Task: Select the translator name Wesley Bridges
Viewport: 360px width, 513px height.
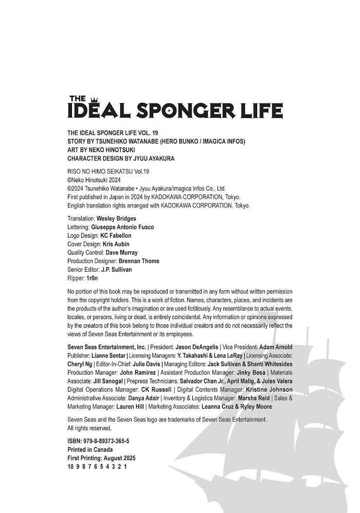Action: pyautogui.click(x=116, y=219)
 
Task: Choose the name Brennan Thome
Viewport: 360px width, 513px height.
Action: pyautogui.click(x=139, y=261)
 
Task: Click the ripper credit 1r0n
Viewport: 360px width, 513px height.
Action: pyautogui.click(x=92, y=278)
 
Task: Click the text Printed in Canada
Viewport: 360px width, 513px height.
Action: pyautogui.click(x=90, y=450)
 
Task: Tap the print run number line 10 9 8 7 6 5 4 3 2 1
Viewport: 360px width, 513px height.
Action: pyautogui.click(x=97, y=467)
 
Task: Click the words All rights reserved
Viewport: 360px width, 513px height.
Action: pyautogui.click(x=89, y=428)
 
